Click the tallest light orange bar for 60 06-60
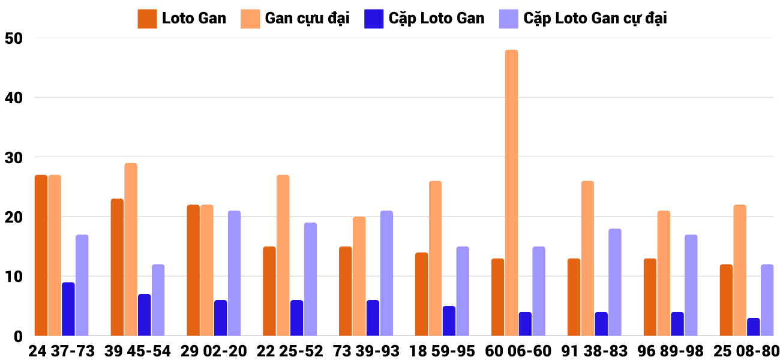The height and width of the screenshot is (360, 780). (511, 193)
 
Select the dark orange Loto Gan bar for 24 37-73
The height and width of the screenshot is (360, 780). (41, 255)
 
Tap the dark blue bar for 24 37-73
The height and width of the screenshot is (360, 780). (68, 309)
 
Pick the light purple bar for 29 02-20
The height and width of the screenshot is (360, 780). (234, 273)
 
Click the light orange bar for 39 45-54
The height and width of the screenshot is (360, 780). (131, 249)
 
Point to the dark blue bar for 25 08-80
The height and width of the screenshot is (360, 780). (753, 327)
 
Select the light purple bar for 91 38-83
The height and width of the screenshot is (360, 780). (614, 282)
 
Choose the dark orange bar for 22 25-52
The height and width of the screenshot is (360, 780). (269, 291)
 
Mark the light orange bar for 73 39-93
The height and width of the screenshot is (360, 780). (359, 276)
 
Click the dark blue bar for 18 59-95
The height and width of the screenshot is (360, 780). (449, 321)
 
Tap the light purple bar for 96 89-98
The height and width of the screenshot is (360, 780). (691, 285)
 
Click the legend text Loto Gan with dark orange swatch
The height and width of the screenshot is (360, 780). (194, 18)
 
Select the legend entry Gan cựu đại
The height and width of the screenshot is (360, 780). (307, 18)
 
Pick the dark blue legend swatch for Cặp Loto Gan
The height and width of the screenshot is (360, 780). (373, 19)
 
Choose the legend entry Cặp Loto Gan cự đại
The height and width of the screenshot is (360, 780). (595, 18)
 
